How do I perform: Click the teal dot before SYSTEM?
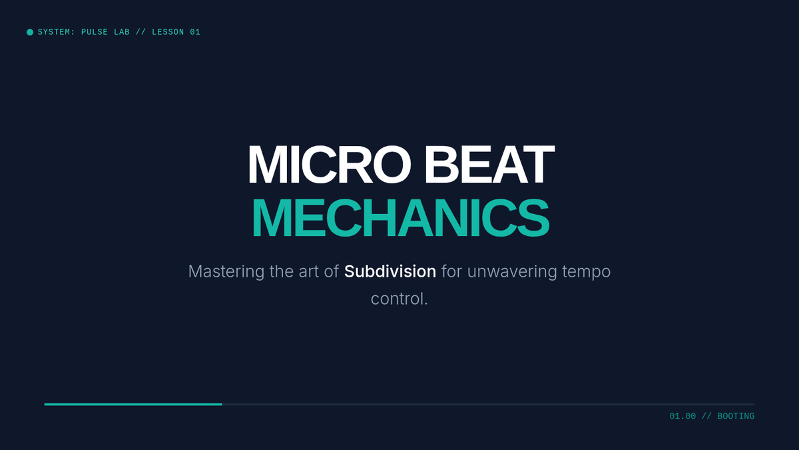point(30,32)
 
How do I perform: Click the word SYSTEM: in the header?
point(57,32)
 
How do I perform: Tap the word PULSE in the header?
point(95,32)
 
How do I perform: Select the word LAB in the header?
point(122,32)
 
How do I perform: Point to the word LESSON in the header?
point(168,32)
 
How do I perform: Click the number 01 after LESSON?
point(195,32)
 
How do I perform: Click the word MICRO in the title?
point(329,164)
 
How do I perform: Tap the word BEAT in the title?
point(489,164)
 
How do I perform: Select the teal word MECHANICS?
point(401,218)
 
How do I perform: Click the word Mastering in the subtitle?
point(226,272)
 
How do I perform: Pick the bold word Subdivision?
point(390,271)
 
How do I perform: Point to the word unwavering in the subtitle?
point(512,272)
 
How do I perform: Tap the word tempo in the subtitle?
point(587,272)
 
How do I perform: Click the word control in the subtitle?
point(397,299)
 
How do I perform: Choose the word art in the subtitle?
point(308,272)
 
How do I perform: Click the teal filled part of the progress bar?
point(133,404)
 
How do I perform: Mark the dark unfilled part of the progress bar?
point(488,404)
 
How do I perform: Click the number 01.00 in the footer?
point(682,416)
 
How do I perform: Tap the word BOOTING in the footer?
point(736,416)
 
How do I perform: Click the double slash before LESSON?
point(141,32)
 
